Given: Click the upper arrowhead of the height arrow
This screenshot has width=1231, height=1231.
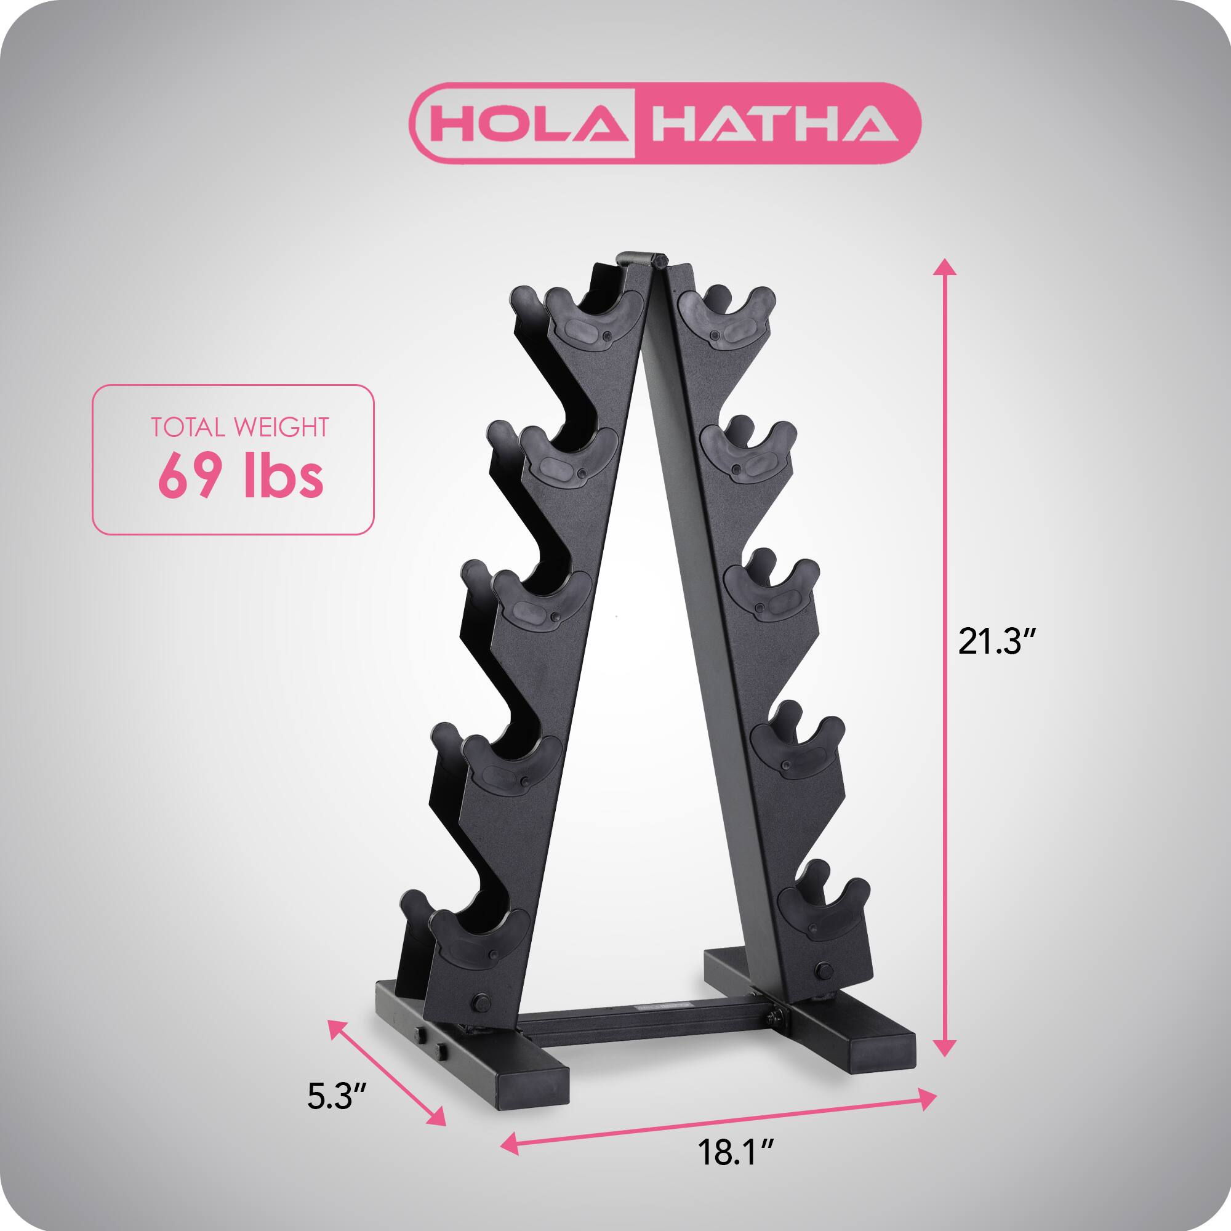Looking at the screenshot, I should (x=944, y=267).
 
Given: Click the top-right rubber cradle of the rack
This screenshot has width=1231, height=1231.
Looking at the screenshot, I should (x=727, y=319).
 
